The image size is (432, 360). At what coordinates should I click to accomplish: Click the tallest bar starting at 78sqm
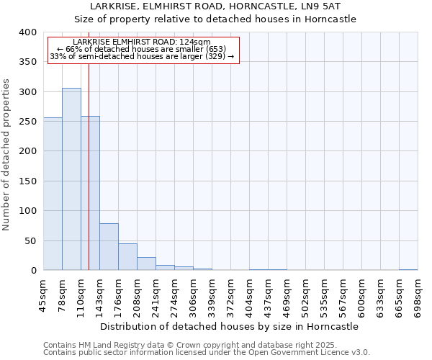tap(71, 179)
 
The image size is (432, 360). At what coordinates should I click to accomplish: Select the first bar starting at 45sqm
tap(53, 194)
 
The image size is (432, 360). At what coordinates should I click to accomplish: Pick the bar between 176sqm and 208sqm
tap(127, 257)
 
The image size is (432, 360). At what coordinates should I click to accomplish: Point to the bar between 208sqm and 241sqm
tap(146, 264)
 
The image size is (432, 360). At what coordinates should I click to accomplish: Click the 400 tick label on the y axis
tap(28, 32)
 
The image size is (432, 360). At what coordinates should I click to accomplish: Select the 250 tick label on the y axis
tap(28, 122)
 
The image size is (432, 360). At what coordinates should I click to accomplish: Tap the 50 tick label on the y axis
tap(31, 240)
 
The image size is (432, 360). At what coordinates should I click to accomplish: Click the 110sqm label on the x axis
tap(81, 293)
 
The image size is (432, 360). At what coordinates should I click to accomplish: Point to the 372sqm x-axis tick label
tap(230, 293)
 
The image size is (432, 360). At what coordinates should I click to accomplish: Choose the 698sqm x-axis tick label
tap(418, 293)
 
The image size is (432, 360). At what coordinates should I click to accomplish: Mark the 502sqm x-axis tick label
tap(305, 293)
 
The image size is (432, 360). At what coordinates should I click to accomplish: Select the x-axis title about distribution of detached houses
tap(229, 326)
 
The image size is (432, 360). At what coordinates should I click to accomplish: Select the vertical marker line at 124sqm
tap(89, 180)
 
